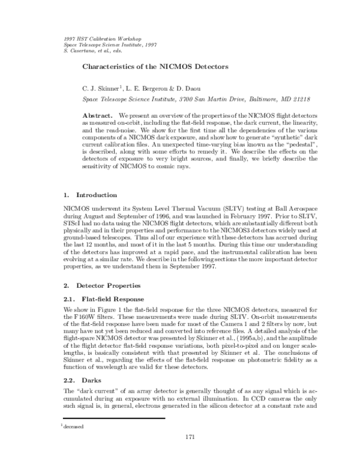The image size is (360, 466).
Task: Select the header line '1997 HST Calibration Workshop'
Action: coord(100,38)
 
